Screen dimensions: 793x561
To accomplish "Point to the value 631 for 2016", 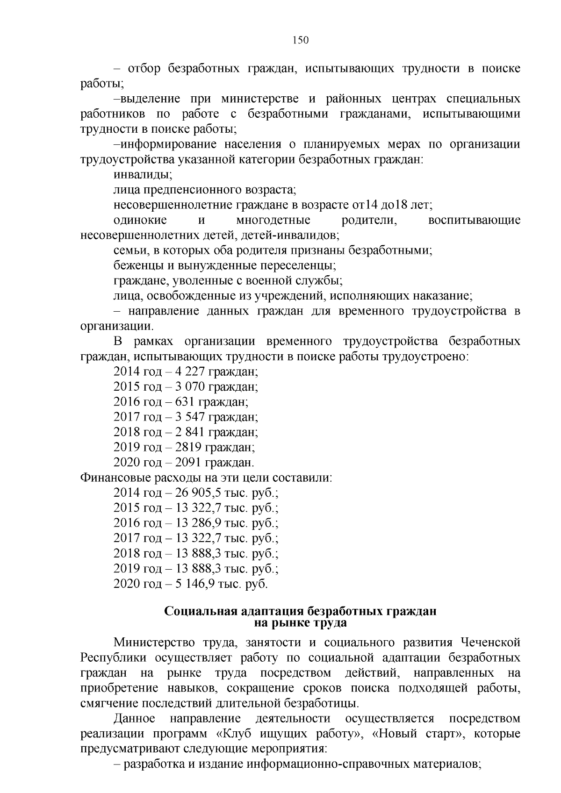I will coord(185,402).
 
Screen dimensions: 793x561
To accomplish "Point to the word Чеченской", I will coord(490,643).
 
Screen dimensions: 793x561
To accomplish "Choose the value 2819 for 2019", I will coord(188,448).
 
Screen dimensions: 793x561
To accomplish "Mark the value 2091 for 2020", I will coord(188,463).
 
